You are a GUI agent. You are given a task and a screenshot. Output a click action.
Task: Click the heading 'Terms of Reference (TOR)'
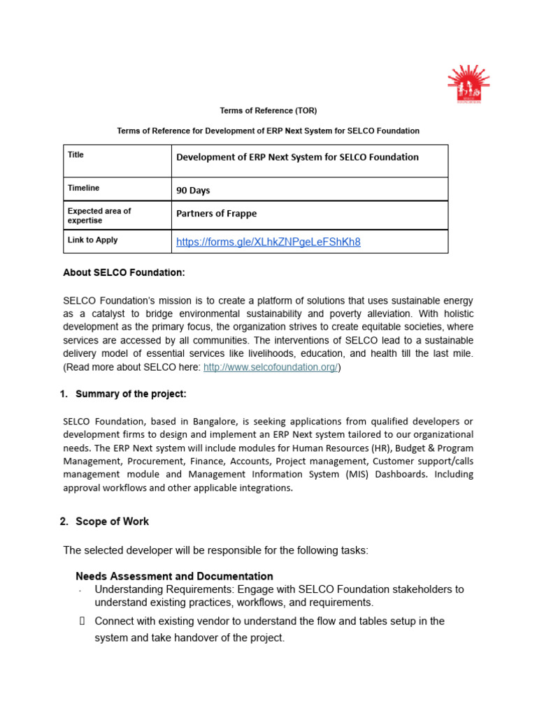[x=268, y=111]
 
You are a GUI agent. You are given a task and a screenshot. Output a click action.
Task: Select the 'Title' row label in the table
[x=76, y=155]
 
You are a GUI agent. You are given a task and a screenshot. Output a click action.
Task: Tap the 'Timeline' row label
[x=84, y=188]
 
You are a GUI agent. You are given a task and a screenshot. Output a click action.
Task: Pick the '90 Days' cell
[x=193, y=190]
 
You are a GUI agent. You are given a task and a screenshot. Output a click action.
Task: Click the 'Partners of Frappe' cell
[x=216, y=214]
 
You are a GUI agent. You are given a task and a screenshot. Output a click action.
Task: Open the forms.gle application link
[x=268, y=242]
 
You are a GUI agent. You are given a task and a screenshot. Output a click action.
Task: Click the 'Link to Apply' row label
[x=93, y=240]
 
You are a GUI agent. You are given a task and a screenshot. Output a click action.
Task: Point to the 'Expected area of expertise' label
[x=99, y=215]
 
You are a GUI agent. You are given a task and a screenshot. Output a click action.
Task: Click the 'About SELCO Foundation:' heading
[x=124, y=272]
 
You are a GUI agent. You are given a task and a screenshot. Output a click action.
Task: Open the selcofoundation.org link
[x=271, y=367]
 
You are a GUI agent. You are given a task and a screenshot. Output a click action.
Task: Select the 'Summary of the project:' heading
[x=131, y=394]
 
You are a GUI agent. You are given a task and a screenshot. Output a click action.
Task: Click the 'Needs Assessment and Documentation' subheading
[x=174, y=576]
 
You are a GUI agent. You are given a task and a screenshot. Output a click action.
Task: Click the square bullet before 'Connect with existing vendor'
[x=82, y=621]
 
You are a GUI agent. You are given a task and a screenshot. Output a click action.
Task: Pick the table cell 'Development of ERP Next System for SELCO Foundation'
[x=297, y=157]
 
